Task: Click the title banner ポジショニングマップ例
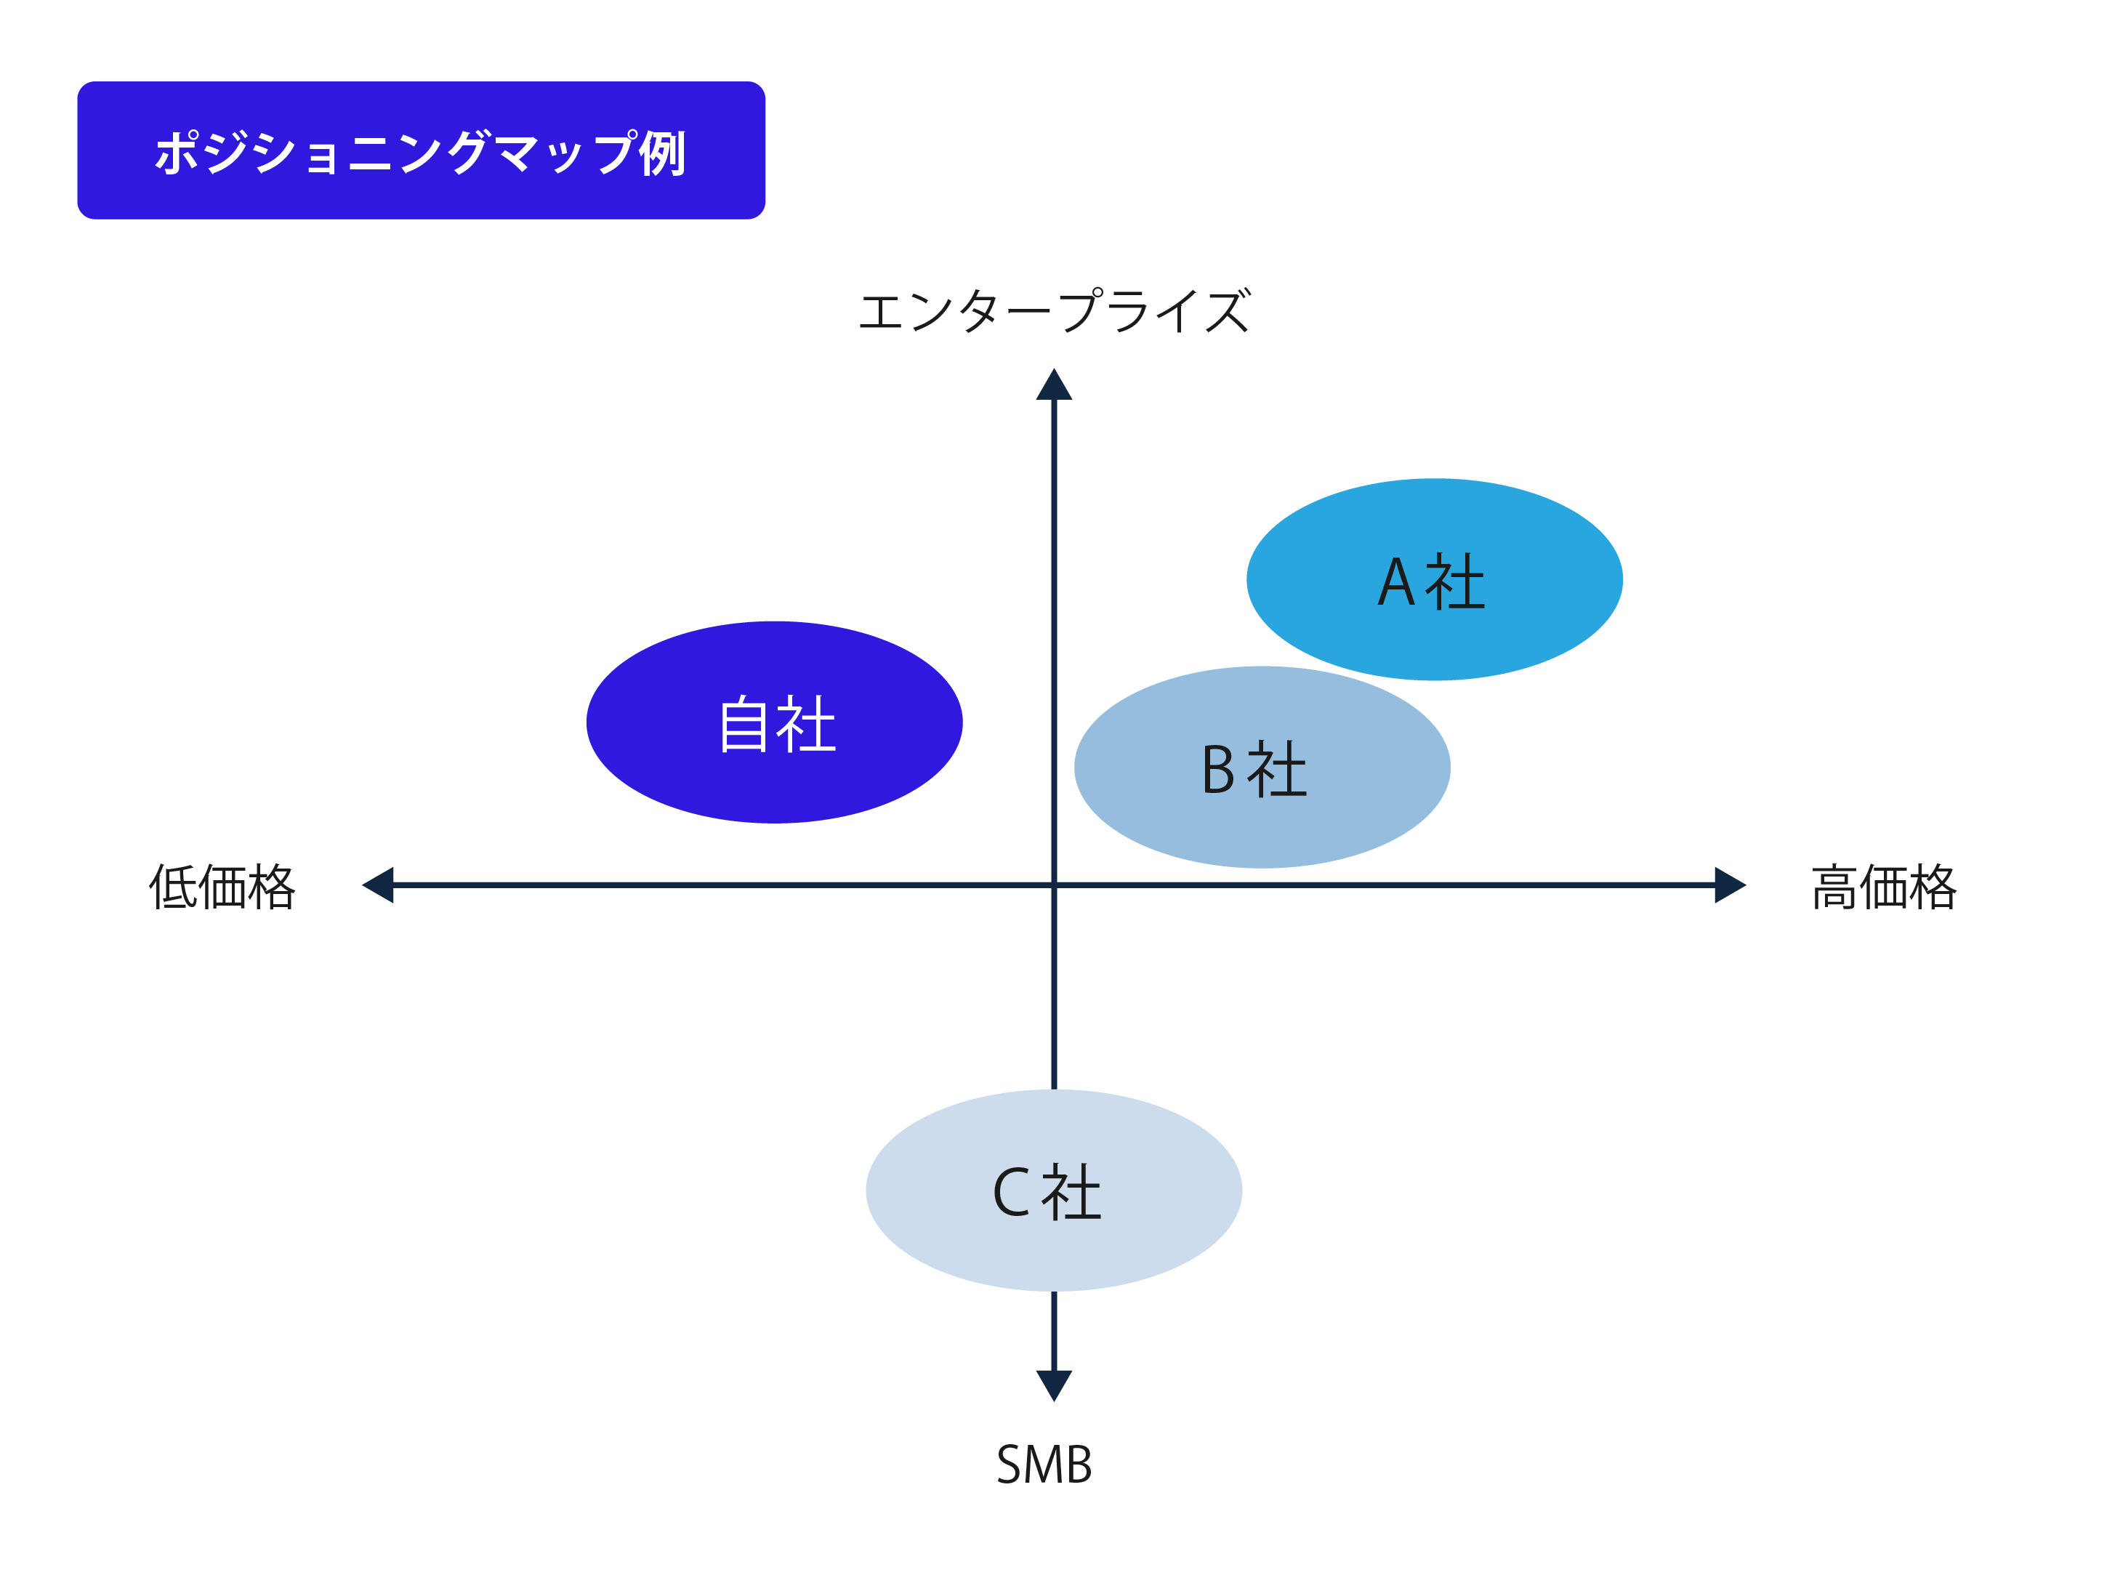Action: click(421, 150)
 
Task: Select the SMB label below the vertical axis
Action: click(1044, 1465)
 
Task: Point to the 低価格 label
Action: click(222, 887)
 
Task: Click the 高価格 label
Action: click(1883, 887)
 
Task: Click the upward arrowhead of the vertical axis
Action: click(1054, 387)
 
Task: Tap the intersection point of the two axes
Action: click(1054, 885)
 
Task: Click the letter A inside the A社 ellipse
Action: click(1395, 582)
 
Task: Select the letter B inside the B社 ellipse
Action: click(1218, 770)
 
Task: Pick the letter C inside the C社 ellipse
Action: click(1011, 1192)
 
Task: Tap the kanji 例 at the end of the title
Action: click(662, 153)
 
